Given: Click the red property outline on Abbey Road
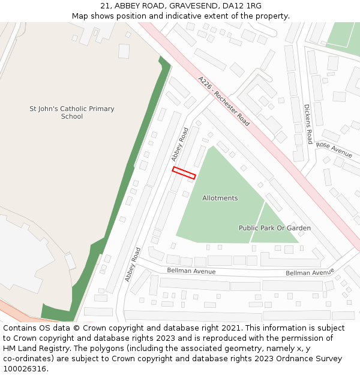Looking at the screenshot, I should click(184, 173).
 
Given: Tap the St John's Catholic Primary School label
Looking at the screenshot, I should click(72, 112).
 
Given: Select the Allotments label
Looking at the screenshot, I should click(220, 198).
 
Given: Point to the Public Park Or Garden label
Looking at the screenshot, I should click(275, 228).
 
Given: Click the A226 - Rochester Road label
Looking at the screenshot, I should click(224, 101).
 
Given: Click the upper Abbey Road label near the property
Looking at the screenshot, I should click(179, 144).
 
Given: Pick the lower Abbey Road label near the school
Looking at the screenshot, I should click(133, 265).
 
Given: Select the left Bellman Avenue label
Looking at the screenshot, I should click(191, 271).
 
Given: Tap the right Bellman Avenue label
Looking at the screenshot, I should click(310, 272).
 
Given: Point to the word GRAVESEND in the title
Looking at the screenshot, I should click(191, 5).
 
